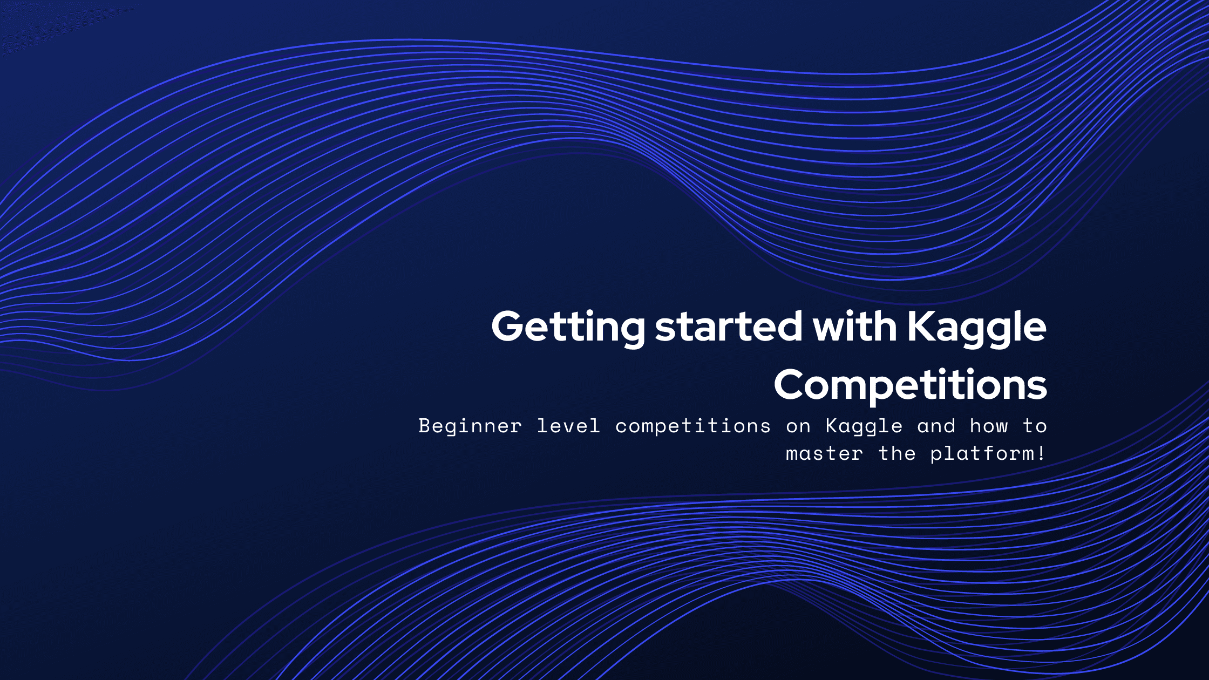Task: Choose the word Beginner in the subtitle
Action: coord(470,427)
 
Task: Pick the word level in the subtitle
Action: coord(568,426)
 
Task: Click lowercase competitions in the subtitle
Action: coord(693,427)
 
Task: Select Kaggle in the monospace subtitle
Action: coord(864,427)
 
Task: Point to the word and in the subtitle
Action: coord(936,426)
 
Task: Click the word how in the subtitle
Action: coord(989,426)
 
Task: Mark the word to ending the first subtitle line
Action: coord(1035,426)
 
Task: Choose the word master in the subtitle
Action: coord(824,454)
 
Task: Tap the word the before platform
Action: coord(897,453)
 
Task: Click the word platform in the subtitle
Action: coord(982,454)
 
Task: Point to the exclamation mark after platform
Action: coord(1041,453)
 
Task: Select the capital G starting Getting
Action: coord(510,327)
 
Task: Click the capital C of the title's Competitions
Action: coord(792,384)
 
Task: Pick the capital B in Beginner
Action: coord(425,426)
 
